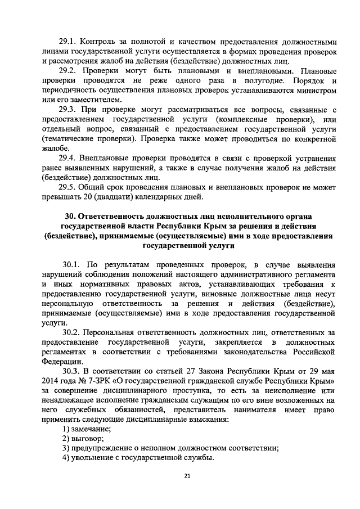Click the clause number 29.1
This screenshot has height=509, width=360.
(67, 42)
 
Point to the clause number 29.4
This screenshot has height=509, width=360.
(68, 159)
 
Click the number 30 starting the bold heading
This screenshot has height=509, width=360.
(70, 217)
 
